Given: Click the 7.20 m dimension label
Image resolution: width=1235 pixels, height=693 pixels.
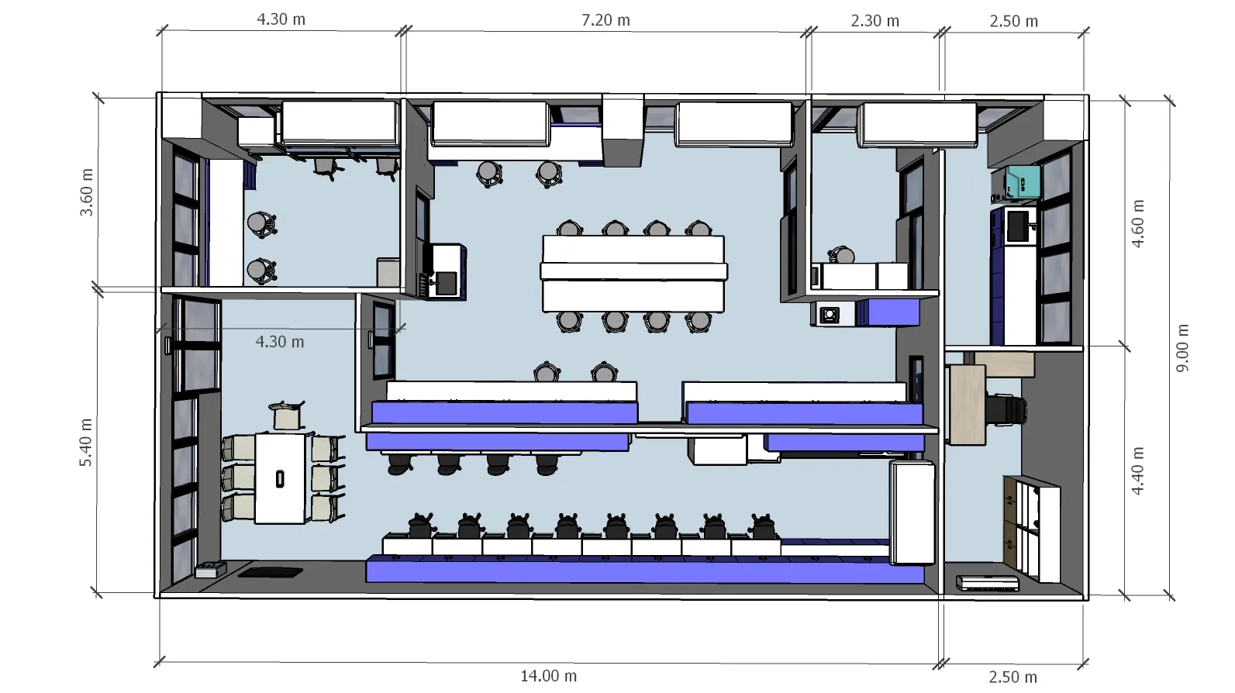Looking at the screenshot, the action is coord(605,20).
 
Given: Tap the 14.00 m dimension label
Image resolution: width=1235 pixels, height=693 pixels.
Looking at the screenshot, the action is coord(549,676).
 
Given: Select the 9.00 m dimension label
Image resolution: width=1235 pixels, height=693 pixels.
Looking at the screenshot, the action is coord(1182,348).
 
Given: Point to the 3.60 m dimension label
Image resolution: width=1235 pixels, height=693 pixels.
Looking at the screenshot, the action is coord(87,192).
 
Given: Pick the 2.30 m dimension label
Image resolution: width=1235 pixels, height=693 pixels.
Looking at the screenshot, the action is coord(875,21).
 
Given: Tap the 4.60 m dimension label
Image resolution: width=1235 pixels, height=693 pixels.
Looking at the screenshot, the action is coord(1137,224).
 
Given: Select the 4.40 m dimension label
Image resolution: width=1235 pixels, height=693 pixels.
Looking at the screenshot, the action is coord(1137,471).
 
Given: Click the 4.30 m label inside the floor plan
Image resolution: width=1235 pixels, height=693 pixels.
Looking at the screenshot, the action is coord(280,342).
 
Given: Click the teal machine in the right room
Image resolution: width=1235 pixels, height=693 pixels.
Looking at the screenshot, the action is coord(1021,182).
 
